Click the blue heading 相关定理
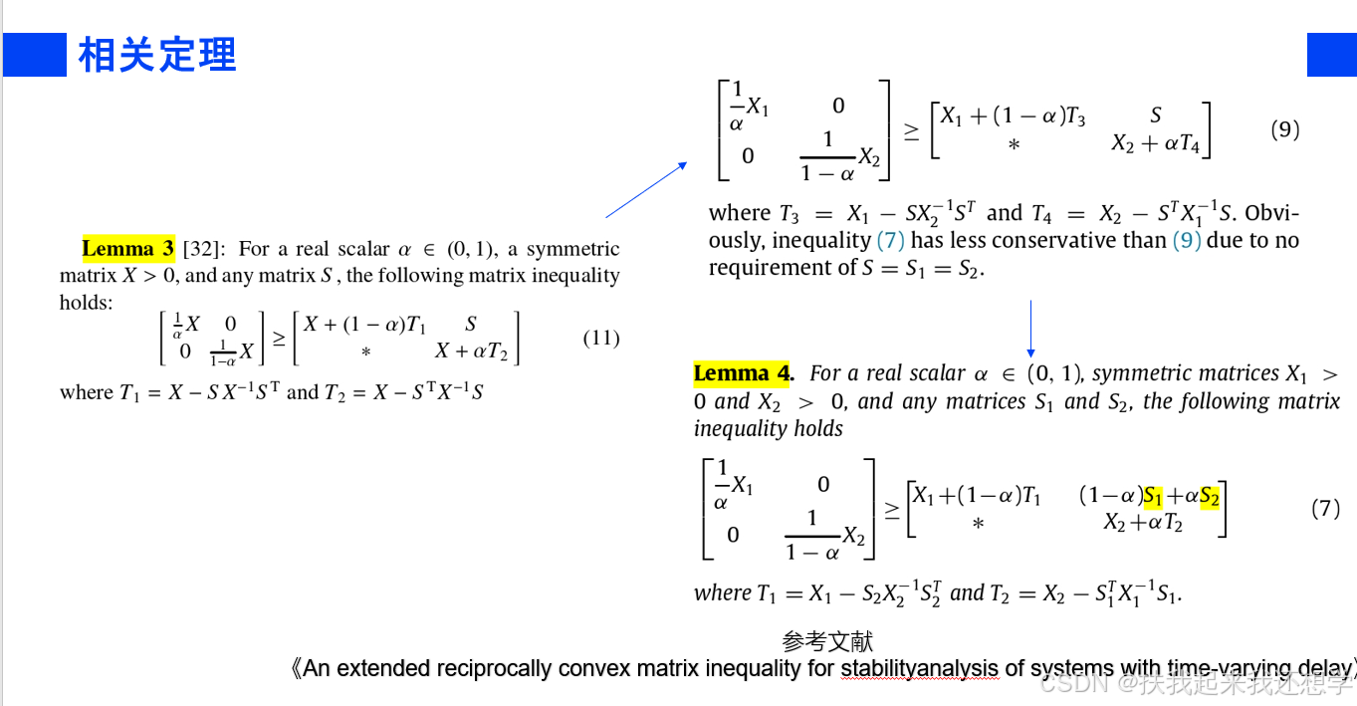click(157, 55)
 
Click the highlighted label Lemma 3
click(127, 248)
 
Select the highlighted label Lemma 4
click(742, 373)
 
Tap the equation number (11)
click(600, 338)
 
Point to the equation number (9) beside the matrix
click(1285, 129)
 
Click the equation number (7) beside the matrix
click(1325, 508)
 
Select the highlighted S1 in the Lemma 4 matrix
click(1153, 496)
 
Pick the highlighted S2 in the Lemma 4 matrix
click(1210, 496)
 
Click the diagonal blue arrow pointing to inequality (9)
click(646, 189)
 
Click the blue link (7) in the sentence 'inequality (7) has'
click(890, 240)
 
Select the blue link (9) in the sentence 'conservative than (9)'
click(1186, 240)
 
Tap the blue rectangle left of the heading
click(35, 55)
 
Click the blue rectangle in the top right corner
click(1331, 55)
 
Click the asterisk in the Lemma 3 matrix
click(365, 352)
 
